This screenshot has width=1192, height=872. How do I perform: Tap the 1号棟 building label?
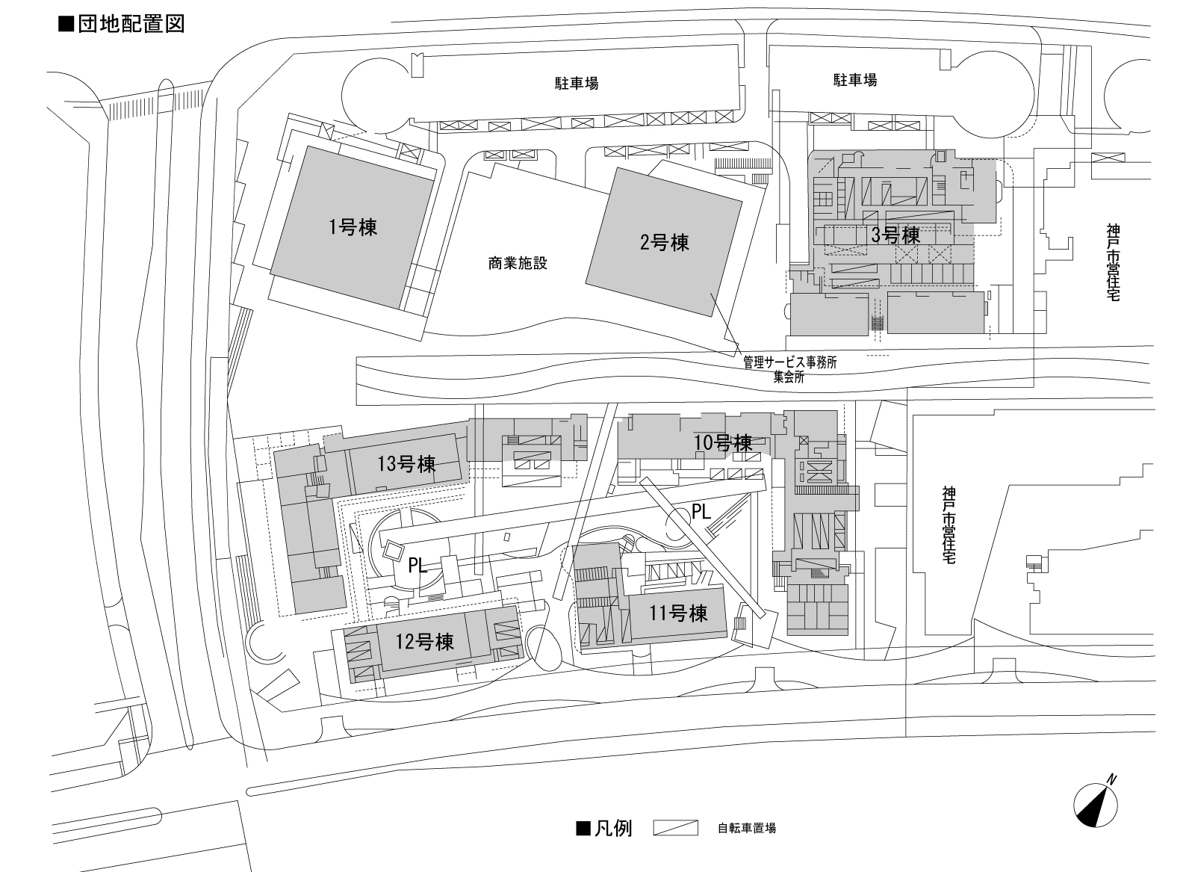[353, 226]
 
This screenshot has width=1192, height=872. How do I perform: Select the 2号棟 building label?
[665, 242]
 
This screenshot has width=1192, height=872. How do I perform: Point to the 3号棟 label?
[896, 235]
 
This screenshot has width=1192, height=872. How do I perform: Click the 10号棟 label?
[723, 442]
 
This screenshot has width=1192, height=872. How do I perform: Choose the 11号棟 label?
[678, 614]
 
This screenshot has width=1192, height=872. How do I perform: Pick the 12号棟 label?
[425, 641]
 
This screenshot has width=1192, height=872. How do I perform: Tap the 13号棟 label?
[406, 464]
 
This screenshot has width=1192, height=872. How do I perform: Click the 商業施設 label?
[518, 263]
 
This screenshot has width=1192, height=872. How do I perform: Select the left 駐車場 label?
[576, 84]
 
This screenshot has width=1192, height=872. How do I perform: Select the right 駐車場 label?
[855, 80]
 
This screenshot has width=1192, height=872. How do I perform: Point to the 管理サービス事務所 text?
[789, 362]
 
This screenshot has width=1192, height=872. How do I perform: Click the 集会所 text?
[789, 377]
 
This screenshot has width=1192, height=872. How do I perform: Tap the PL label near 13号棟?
[417, 566]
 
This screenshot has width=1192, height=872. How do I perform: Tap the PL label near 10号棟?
[701, 512]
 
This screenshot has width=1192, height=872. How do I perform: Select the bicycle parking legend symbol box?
[675, 828]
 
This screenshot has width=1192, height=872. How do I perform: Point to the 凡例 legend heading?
[605, 828]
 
